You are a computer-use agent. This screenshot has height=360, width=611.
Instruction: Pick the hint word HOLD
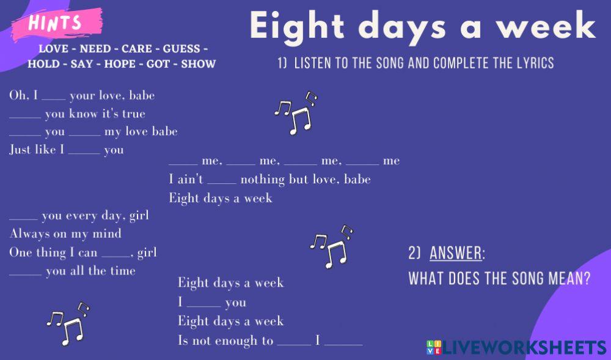[44, 64]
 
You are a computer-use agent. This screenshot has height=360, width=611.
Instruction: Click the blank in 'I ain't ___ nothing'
[222, 182]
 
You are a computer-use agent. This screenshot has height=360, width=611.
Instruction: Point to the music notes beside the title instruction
[295, 113]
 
